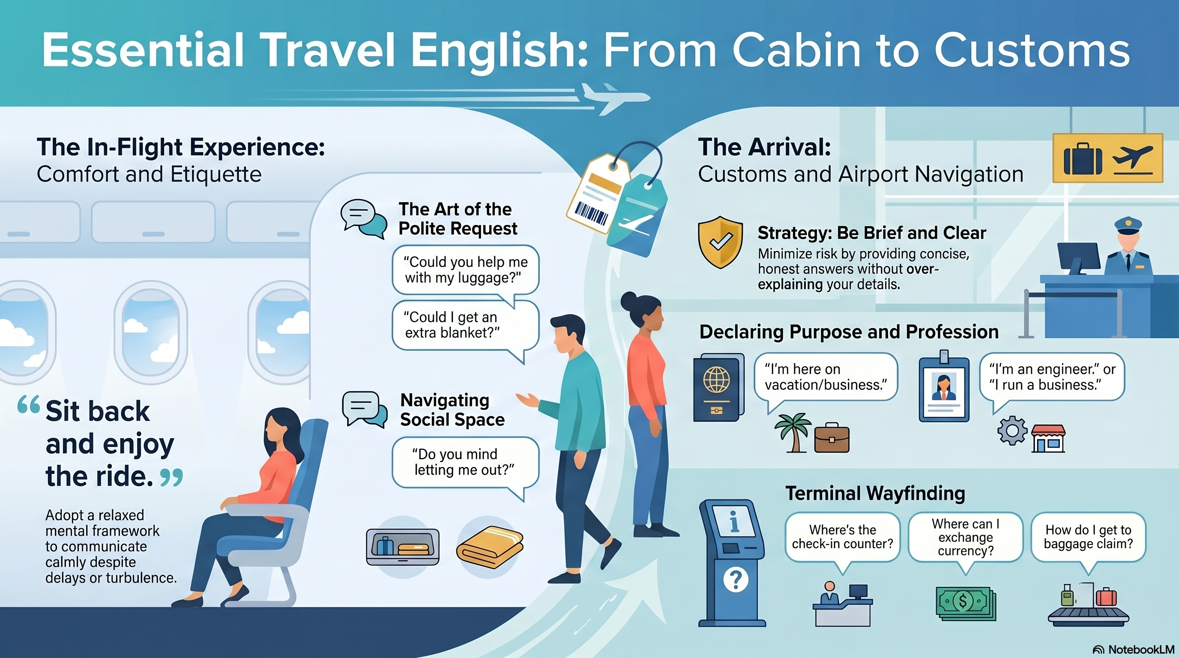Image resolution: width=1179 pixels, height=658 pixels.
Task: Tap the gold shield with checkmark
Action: point(720,242)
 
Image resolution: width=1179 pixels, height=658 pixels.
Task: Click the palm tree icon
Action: point(792,432)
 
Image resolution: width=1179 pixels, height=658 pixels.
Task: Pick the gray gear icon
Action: point(1012,430)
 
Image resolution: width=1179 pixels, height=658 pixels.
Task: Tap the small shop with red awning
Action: point(1048,438)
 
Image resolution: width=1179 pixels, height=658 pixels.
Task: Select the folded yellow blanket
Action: point(490,547)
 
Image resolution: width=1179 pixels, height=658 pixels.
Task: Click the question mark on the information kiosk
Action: point(736,579)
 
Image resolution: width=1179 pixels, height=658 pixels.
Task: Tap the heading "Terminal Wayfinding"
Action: point(875,493)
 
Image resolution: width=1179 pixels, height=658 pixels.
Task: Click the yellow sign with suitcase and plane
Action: point(1107,158)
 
